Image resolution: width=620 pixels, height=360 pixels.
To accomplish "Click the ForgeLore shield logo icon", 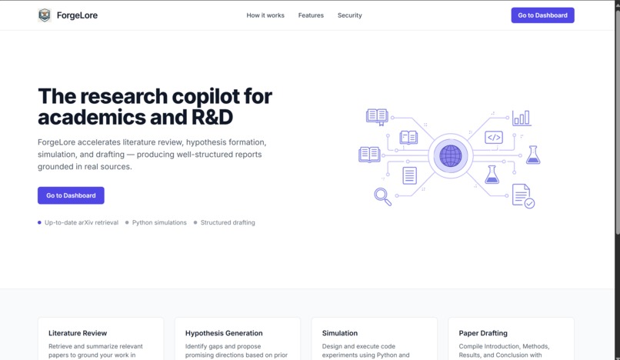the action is [45, 15].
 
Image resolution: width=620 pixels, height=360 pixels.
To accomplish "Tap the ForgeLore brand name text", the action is [77, 15].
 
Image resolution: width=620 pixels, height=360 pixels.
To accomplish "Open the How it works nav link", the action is [265, 15].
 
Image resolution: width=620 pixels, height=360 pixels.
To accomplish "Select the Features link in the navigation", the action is [311, 15].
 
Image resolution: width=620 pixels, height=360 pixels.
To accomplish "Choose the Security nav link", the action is [349, 15].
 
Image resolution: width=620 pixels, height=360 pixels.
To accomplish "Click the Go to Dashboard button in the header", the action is [542, 15].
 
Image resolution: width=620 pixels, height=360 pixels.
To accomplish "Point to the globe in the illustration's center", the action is [450, 156].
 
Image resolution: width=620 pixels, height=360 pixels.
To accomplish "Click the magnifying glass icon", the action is [383, 197].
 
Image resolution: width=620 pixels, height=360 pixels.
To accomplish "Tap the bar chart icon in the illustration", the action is [522, 118].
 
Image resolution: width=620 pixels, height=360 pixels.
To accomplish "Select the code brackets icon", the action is [494, 137].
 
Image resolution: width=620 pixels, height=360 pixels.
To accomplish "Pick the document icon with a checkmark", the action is [523, 196].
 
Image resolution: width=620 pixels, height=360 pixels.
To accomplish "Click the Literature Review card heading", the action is [78, 333].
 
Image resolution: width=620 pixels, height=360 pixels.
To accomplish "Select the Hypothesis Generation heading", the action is [224, 333].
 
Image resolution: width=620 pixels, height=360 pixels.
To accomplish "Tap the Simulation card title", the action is [340, 333].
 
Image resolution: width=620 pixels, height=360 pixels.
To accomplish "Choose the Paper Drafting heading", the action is [483, 333].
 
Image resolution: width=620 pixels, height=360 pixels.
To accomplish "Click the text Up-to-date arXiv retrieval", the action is [82, 223].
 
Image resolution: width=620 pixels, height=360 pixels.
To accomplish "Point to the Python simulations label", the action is [159, 223].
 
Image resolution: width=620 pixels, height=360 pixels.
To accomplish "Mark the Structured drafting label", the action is [228, 223].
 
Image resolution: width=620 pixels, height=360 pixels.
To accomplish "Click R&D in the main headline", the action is [212, 117].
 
